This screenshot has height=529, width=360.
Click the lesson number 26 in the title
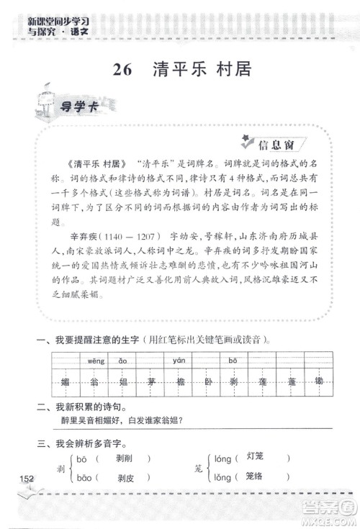point(123,70)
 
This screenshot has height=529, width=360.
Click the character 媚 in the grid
point(66,380)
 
